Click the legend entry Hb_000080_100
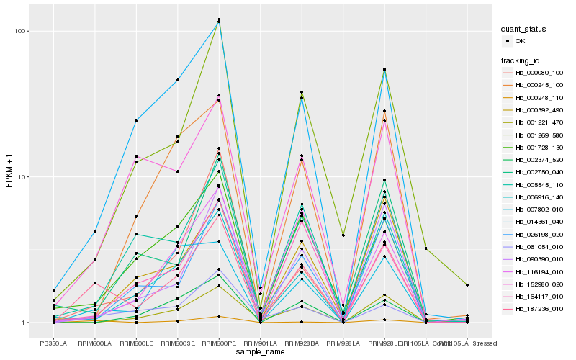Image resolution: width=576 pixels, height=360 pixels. pos(534,73)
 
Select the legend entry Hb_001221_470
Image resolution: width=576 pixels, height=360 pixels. pos(534,123)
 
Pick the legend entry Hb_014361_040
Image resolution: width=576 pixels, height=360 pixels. pos(534,224)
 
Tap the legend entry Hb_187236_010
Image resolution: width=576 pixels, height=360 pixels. pos(534,308)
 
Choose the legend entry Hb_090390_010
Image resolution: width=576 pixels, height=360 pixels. pos(534,258)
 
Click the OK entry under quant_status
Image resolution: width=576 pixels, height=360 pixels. pos(520,41)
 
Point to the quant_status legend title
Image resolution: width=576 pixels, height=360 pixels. pos(524,29)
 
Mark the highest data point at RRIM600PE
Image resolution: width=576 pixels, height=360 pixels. pos(219,19)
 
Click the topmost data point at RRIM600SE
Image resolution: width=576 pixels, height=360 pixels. pos(177,80)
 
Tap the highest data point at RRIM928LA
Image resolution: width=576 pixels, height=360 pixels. pos(343,235)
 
